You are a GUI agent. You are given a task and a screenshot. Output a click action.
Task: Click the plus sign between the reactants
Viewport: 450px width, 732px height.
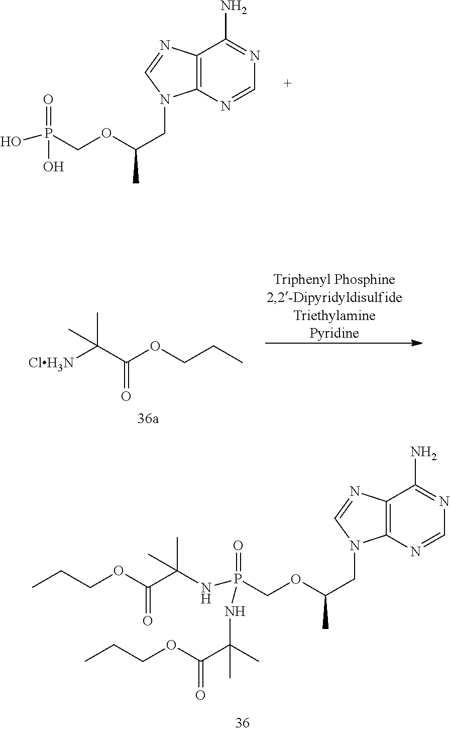pos(287,83)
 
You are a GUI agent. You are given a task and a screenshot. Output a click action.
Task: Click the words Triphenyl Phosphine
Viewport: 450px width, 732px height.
pos(334,279)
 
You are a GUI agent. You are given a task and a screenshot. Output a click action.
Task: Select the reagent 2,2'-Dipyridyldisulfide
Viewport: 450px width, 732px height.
pos(334,297)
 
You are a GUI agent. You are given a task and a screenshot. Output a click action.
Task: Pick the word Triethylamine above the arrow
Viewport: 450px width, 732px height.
pos(334,316)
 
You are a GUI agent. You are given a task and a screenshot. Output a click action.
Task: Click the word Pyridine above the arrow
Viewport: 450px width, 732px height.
pos(334,333)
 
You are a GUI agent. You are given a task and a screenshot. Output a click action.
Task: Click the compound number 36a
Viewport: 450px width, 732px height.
pos(148,418)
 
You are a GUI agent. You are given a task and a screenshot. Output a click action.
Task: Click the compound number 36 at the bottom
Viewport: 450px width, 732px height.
pos(243,723)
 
